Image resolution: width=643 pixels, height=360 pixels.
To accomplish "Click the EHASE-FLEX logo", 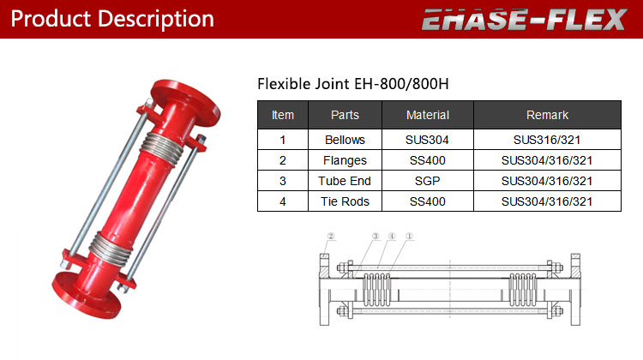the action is pos(525,20).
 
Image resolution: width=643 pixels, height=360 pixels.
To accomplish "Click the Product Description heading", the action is pos(112,19).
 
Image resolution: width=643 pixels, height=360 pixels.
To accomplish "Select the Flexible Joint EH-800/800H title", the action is pos(353,84).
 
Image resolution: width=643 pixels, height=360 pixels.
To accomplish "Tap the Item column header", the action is pos(283,115).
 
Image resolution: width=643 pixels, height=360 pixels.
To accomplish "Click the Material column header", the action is pos(428,115).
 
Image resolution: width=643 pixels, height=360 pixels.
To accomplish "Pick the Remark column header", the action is pos(548,115).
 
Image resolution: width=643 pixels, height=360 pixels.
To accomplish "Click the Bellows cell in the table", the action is pos(345,140).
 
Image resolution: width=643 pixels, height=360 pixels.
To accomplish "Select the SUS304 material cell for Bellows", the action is pos(427,140).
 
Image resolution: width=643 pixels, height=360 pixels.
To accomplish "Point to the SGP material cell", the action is pos(427,181).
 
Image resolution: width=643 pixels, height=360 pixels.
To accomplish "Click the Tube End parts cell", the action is pos(345,181).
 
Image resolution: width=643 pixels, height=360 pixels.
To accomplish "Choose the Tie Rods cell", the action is pos(345,201).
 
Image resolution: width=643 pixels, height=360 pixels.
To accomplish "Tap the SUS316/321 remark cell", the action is pos(547,140).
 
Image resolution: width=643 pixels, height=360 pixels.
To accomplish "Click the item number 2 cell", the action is pos(283,160).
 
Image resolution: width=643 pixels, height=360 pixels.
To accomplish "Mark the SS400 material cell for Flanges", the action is pos(427,160).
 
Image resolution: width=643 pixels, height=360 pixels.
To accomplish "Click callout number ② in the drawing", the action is pos(331,237).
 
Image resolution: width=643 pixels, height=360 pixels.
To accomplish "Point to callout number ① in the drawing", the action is pos(409,237).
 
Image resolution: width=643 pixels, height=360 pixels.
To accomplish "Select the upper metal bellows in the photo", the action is pos(162,148).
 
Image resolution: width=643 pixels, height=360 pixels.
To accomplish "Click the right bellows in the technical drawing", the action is pos(522,290).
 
